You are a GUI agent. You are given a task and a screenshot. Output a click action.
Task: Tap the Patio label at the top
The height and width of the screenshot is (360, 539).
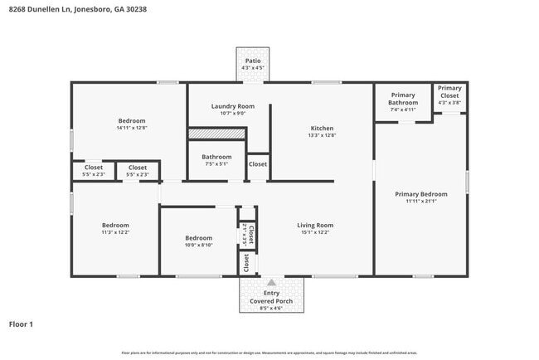[252, 61]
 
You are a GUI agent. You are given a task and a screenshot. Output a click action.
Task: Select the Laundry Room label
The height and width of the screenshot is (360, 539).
[232, 106]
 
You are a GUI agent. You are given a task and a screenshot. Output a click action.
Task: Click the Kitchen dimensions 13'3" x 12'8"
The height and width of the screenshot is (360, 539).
[322, 136]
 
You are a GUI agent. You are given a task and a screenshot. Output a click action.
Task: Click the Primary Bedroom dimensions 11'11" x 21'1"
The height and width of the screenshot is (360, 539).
[426, 201]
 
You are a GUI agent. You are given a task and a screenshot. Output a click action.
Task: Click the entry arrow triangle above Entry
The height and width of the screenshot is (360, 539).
[271, 283]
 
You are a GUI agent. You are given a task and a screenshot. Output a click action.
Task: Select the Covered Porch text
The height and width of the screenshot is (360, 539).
[271, 301]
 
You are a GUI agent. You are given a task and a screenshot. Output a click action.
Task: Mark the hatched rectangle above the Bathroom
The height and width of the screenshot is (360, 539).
[216, 133]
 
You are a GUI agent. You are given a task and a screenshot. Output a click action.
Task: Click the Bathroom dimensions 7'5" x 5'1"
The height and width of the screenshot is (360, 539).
[216, 164]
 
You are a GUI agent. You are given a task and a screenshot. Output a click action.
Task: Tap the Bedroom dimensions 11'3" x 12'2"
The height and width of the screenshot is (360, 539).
[115, 233]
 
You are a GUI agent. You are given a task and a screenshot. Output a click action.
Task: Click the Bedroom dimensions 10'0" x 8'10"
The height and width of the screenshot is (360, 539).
[198, 246]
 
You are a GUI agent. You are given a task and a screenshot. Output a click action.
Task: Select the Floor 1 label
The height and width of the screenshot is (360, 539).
[21, 324]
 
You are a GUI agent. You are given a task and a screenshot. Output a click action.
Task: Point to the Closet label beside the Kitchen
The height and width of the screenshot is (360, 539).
[258, 164]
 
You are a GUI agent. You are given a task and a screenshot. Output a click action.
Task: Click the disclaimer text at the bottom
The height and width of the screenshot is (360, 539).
[269, 353]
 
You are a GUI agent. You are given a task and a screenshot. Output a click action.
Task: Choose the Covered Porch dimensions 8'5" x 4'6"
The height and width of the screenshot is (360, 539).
[271, 309]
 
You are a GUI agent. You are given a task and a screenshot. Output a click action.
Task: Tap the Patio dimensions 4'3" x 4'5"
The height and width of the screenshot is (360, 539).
[252, 69]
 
